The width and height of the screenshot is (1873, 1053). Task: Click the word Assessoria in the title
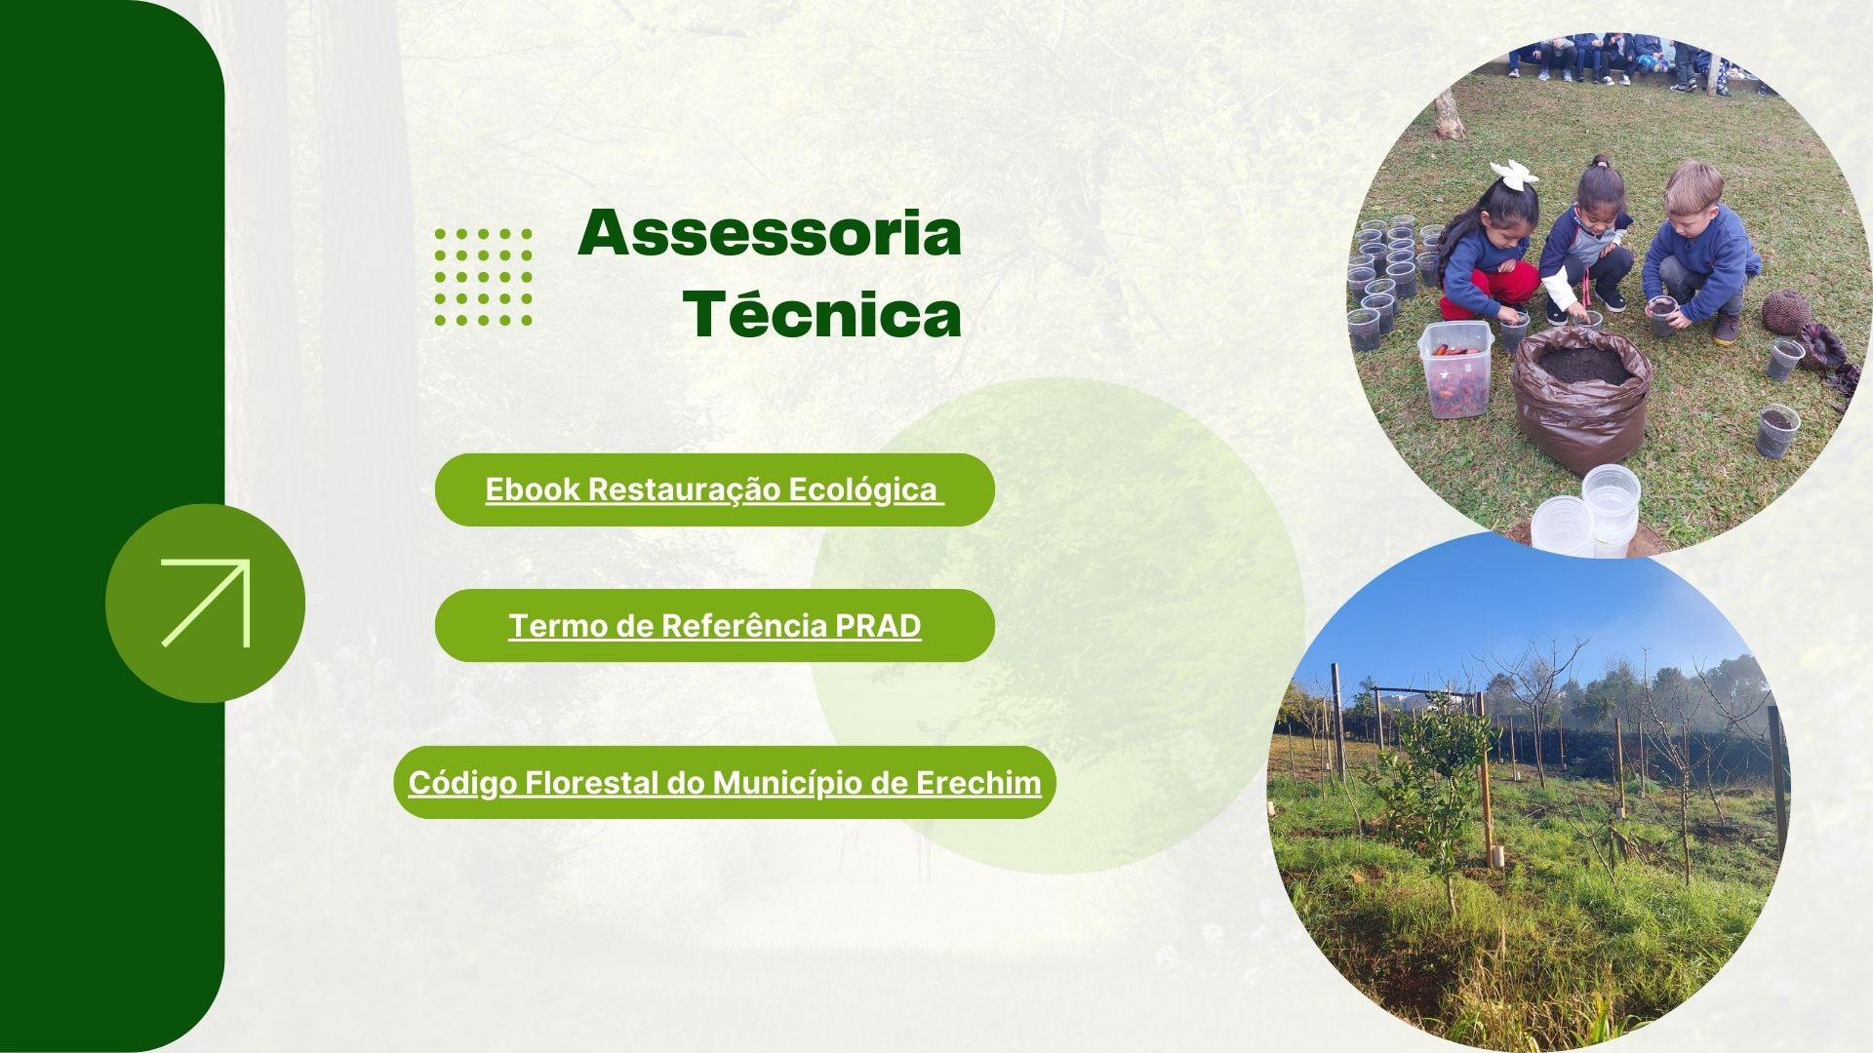(x=770, y=234)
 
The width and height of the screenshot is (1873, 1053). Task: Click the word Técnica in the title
(x=822, y=314)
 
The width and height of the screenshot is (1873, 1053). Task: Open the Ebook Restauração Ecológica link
(x=714, y=489)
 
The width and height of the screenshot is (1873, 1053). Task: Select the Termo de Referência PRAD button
(x=714, y=626)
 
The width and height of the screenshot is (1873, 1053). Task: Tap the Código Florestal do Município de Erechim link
(x=725, y=782)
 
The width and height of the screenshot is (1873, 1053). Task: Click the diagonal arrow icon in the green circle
(x=206, y=603)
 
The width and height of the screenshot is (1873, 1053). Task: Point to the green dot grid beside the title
(x=484, y=277)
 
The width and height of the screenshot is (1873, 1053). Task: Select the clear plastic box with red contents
(x=1455, y=369)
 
